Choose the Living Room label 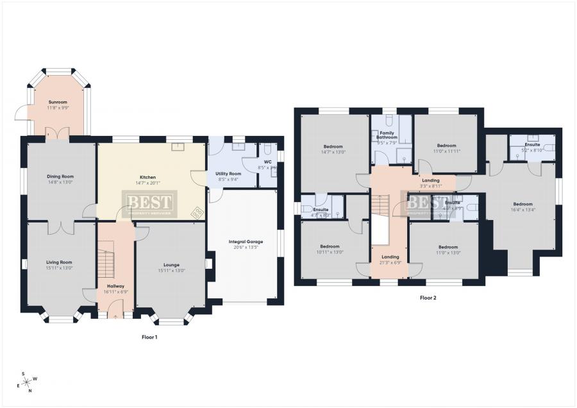coord(58,264)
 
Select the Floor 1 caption coord(149,337)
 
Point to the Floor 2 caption coord(428,298)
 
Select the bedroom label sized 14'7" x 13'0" coord(333,149)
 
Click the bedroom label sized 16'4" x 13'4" coord(523,207)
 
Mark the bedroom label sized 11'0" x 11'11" coord(446,148)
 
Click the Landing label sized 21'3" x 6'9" coord(390,259)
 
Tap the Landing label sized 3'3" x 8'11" coord(431,183)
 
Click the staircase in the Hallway coord(106,260)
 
